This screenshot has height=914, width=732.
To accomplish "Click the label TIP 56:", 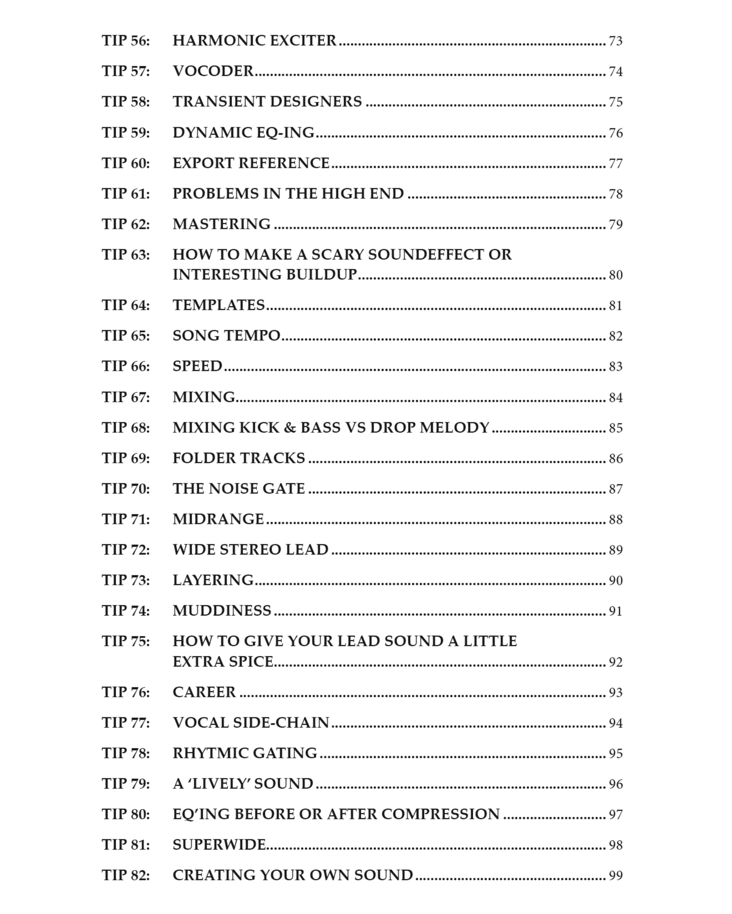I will point(126,41).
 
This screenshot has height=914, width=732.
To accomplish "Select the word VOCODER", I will point(213,71).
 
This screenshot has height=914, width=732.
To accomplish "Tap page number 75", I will point(615,102).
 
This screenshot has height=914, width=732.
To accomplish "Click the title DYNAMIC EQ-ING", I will point(243,133).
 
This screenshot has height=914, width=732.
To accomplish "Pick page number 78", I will point(615,194).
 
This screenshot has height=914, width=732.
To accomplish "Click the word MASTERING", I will point(221,224).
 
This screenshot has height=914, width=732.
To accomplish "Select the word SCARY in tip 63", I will point(337,255).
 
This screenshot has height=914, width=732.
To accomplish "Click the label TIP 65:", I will point(126,336).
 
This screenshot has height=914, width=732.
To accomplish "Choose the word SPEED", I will point(197,366).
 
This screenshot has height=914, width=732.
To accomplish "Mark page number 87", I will point(615,489).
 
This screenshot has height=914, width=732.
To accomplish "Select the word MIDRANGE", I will point(218,519).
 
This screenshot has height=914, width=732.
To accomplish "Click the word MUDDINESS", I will point(222,611).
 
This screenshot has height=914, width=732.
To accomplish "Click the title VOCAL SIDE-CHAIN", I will point(251,723).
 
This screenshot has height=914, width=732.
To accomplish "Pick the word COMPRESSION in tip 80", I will point(440,814).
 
